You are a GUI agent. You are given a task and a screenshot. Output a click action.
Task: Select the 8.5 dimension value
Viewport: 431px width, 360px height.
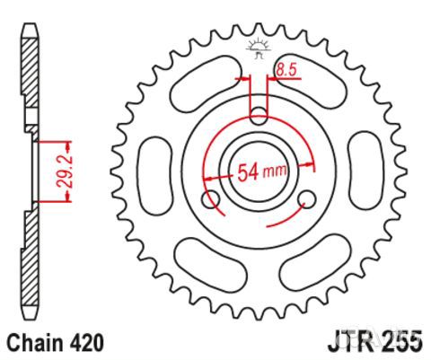pos(286,68)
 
